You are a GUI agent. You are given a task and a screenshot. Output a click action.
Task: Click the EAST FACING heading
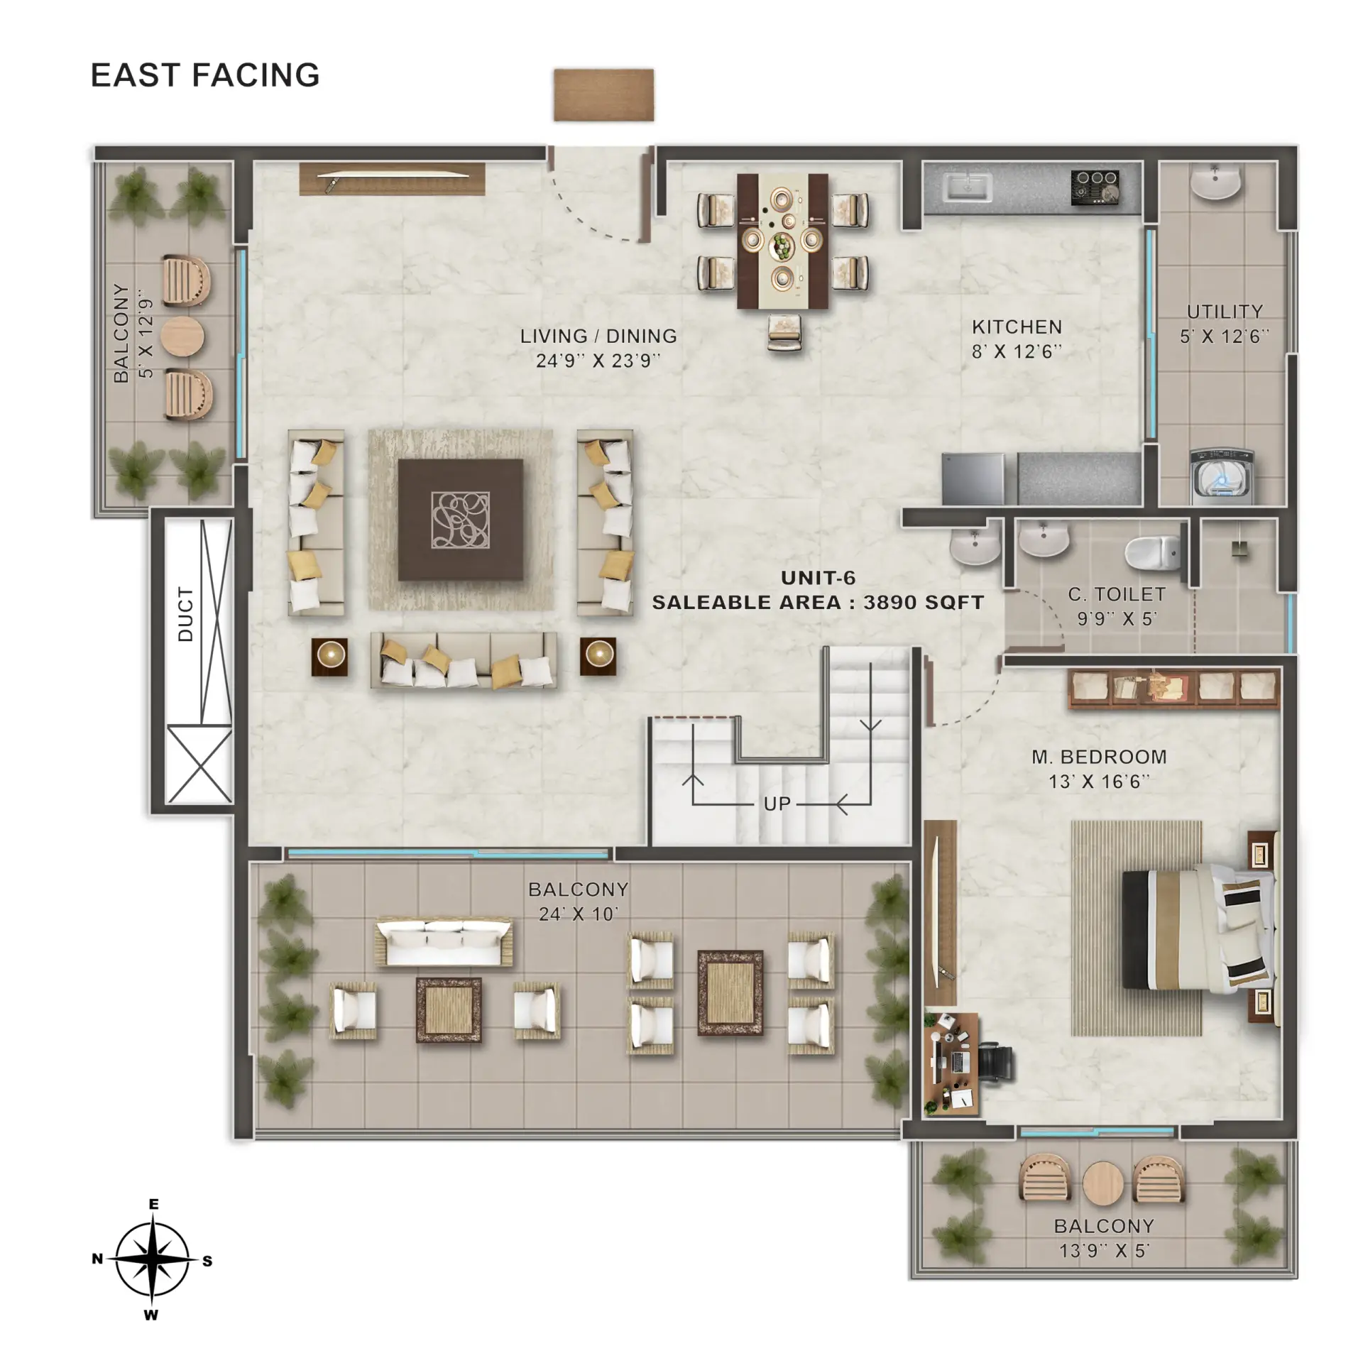205,75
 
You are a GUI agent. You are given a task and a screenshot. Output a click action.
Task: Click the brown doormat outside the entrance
603,95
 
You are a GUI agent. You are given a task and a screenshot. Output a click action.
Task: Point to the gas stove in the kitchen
1095,188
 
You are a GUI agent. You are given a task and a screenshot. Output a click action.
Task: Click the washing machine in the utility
1220,476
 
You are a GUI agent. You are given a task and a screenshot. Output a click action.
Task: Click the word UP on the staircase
777,804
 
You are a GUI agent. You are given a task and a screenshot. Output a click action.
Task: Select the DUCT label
185,614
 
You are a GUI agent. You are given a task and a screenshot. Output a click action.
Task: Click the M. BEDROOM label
1099,757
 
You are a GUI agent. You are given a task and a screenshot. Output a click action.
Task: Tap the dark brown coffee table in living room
461,520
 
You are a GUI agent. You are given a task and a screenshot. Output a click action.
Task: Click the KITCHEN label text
1017,327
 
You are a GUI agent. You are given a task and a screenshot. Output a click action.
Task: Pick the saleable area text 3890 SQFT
924,603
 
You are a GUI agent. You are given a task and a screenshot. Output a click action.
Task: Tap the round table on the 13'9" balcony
1103,1183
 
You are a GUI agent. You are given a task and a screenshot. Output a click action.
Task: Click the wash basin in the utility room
1215,181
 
